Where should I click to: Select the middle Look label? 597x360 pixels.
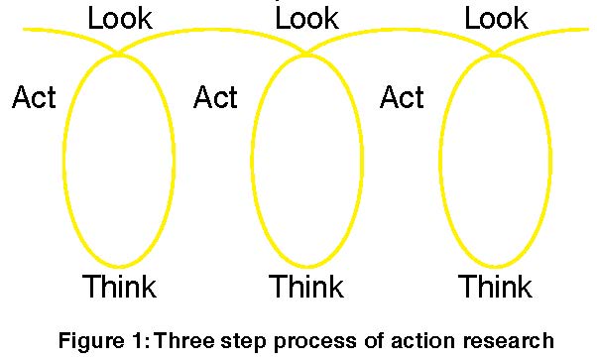tap(306, 18)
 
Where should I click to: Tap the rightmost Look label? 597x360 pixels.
tap(496, 18)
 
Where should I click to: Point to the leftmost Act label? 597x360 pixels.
tap(34, 98)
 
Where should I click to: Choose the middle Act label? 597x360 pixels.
tap(216, 98)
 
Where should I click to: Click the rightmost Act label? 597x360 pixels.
tap(403, 98)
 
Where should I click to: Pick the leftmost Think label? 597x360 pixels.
tap(119, 288)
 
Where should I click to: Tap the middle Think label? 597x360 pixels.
tap(306, 288)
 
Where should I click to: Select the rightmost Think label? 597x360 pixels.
tap(495, 288)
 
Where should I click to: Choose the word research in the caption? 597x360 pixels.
tap(506, 340)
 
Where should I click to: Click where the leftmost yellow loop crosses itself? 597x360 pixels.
tap(118, 54)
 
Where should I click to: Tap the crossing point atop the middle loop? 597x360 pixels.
tap(305, 54)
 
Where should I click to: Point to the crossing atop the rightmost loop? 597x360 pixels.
tap(494, 54)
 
